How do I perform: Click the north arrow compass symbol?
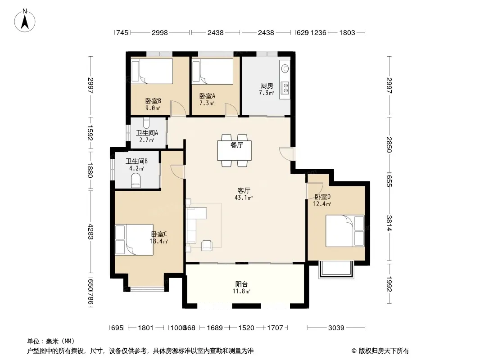[x=25, y=21]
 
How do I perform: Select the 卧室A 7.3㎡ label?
[x=207, y=99]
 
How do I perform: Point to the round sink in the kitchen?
[x=285, y=68]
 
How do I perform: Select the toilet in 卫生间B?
[x=136, y=180]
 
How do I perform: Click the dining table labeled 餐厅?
[x=235, y=150]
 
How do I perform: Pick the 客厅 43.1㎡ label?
[x=244, y=194]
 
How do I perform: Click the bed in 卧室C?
[x=134, y=240]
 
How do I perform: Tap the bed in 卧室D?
[x=345, y=231]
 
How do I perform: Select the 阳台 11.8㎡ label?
[x=241, y=288]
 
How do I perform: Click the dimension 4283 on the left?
[x=91, y=232]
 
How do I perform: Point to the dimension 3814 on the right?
[x=389, y=223]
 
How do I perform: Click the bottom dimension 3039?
[x=336, y=328]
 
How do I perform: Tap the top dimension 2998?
[x=160, y=32]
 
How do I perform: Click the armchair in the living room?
[x=207, y=246]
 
